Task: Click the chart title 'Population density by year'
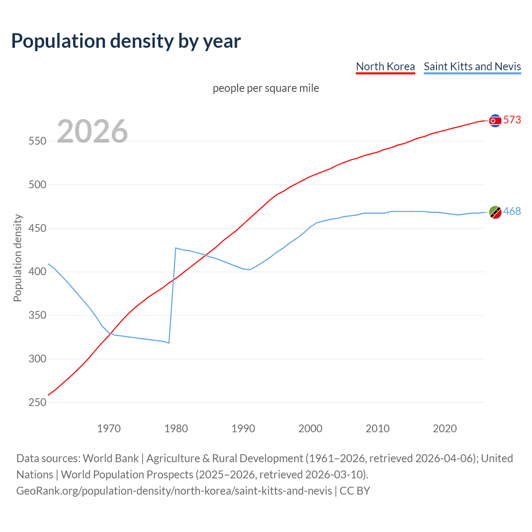click(x=126, y=41)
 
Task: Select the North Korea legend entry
click(x=385, y=66)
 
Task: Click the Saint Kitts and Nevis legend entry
click(x=472, y=66)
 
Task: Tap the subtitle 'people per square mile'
click(x=266, y=89)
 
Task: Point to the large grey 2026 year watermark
click(x=92, y=131)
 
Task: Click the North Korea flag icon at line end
click(x=495, y=121)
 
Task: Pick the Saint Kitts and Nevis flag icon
click(x=495, y=212)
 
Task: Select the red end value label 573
click(x=512, y=120)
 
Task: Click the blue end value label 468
click(x=512, y=212)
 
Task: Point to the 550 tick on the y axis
click(x=37, y=141)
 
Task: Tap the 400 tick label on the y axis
click(x=37, y=272)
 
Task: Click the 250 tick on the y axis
click(x=37, y=402)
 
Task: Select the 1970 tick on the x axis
click(x=109, y=429)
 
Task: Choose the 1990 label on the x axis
click(x=243, y=429)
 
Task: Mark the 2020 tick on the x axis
click(x=445, y=429)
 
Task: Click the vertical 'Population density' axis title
click(x=17, y=258)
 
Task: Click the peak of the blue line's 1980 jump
click(x=176, y=248)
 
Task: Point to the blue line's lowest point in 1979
click(x=169, y=343)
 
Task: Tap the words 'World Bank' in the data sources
click(x=111, y=458)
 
